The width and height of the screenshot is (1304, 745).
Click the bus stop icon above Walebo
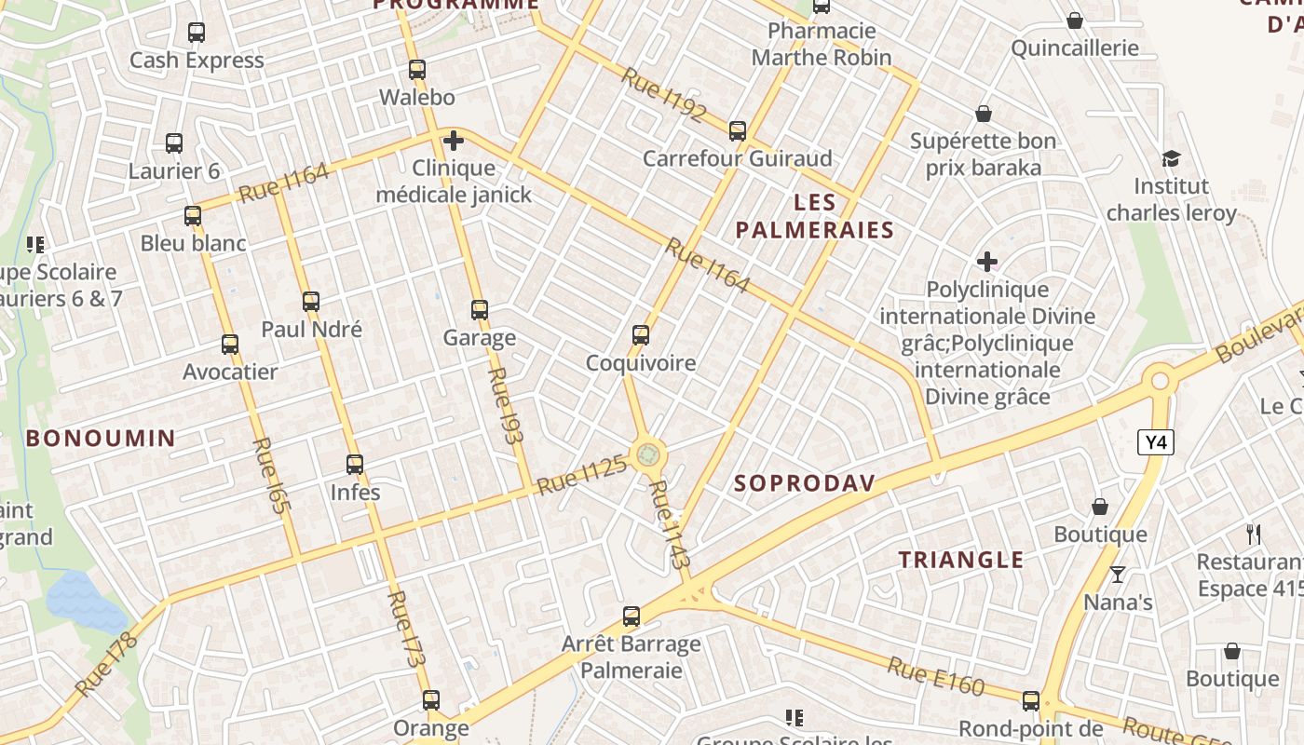tap(417, 70)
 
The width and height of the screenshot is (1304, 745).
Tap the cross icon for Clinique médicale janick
tap(454, 141)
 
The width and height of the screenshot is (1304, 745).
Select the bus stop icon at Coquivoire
tap(641, 335)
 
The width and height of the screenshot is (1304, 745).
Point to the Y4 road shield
tap(1155, 442)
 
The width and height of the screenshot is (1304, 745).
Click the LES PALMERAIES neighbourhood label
tap(814, 216)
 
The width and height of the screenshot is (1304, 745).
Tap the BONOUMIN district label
tap(101, 438)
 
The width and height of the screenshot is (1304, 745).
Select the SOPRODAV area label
tap(805, 482)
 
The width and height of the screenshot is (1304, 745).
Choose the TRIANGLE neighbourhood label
tap(960, 560)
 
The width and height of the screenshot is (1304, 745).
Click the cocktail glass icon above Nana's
tap(1118, 575)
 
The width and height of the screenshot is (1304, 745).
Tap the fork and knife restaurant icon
tap(1254, 535)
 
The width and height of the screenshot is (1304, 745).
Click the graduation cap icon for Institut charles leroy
tap(1171, 159)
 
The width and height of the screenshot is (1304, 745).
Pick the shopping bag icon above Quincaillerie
tap(1075, 20)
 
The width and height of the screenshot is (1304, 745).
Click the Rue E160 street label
tap(935, 676)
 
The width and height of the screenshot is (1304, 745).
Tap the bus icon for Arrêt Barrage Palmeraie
tap(632, 616)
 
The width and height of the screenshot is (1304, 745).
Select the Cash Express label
tap(197, 61)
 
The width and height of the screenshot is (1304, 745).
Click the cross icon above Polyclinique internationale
tap(987, 263)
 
